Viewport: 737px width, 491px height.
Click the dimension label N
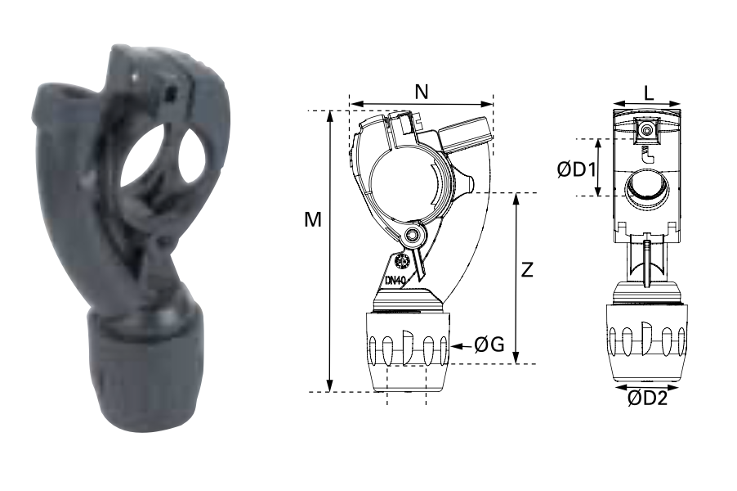(x=422, y=92)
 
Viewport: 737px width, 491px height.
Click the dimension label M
(x=313, y=219)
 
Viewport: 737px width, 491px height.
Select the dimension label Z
(x=527, y=270)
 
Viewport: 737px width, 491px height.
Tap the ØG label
(x=489, y=345)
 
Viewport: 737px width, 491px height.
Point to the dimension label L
(x=649, y=93)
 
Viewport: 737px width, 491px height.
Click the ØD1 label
(x=577, y=169)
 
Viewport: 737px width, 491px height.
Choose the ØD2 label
(x=647, y=399)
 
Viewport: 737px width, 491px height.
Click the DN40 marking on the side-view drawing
(x=395, y=280)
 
